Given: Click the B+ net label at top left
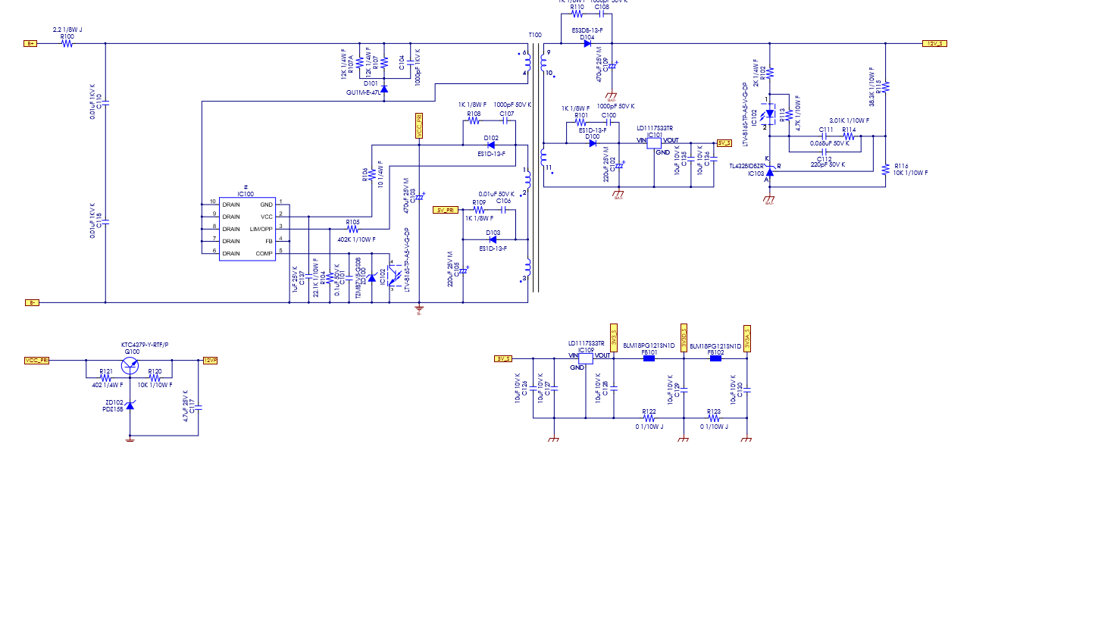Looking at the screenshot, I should (x=30, y=44).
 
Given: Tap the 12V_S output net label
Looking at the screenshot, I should (x=934, y=44).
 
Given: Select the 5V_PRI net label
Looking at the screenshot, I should (x=445, y=210).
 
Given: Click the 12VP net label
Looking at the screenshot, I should (x=210, y=361).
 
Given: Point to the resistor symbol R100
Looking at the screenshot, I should (x=67, y=44).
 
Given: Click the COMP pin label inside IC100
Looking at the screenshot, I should (x=264, y=254).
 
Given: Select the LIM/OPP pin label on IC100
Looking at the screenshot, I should (x=261, y=229).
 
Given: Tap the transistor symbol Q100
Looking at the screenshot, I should (x=130, y=365).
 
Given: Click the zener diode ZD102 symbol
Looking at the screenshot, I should (x=130, y=406).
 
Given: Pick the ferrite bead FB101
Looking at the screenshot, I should (x=649, y=358).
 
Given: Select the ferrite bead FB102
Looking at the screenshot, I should (x=715, y=358).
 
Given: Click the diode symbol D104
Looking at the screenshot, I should (x=587, y=44).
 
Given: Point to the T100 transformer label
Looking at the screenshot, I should (x=535, y=35).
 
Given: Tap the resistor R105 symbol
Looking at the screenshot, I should (x=352, y=229).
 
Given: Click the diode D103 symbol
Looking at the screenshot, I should (x=493, y=240).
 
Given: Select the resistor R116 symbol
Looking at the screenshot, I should (x=885, y=170).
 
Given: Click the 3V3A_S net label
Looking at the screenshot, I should (x=747, y=339).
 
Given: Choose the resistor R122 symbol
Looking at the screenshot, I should (x=649, y=418).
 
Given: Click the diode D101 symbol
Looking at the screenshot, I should (x=383, y=90).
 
